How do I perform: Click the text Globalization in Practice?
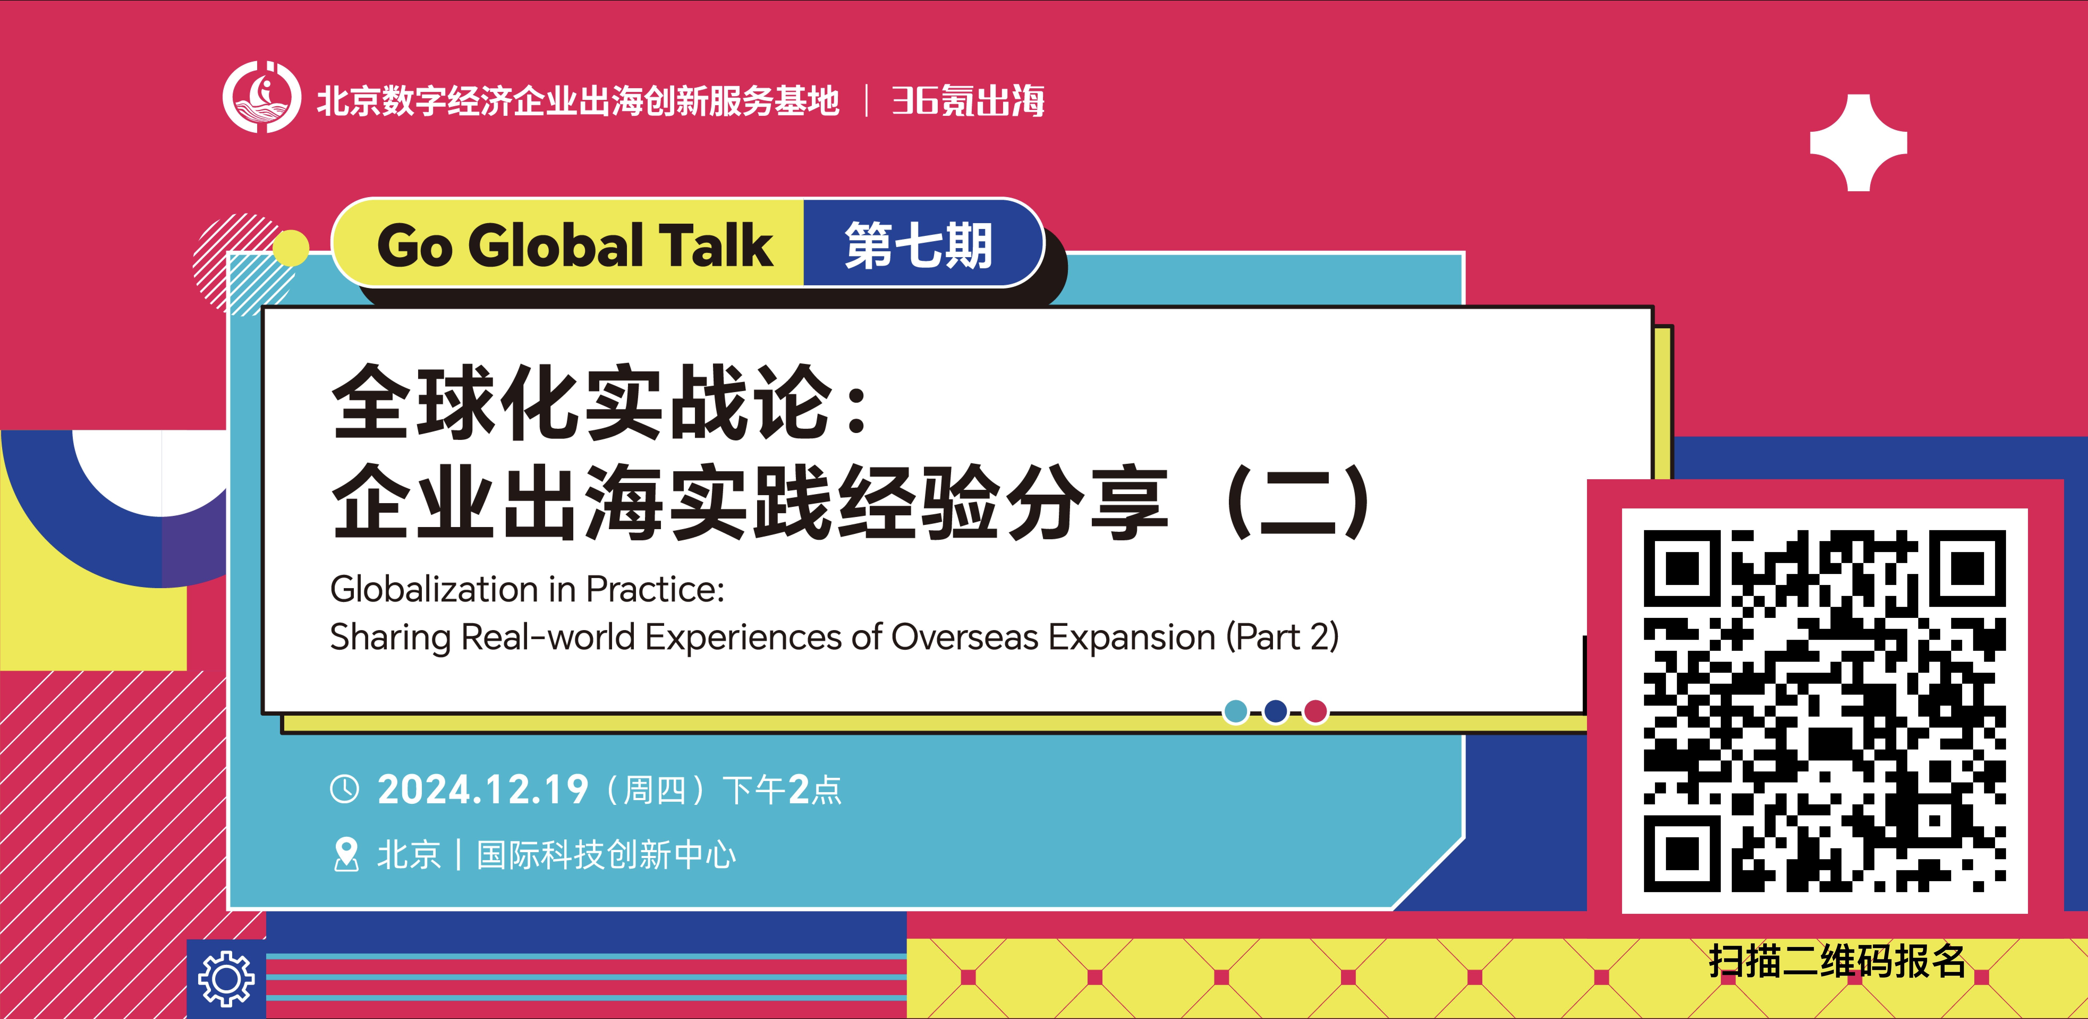(527, 589)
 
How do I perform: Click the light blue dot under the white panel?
(1235, 711)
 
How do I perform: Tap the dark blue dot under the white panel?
(1275, 711)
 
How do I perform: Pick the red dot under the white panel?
(1315, 711)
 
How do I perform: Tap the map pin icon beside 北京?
(346, 855)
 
